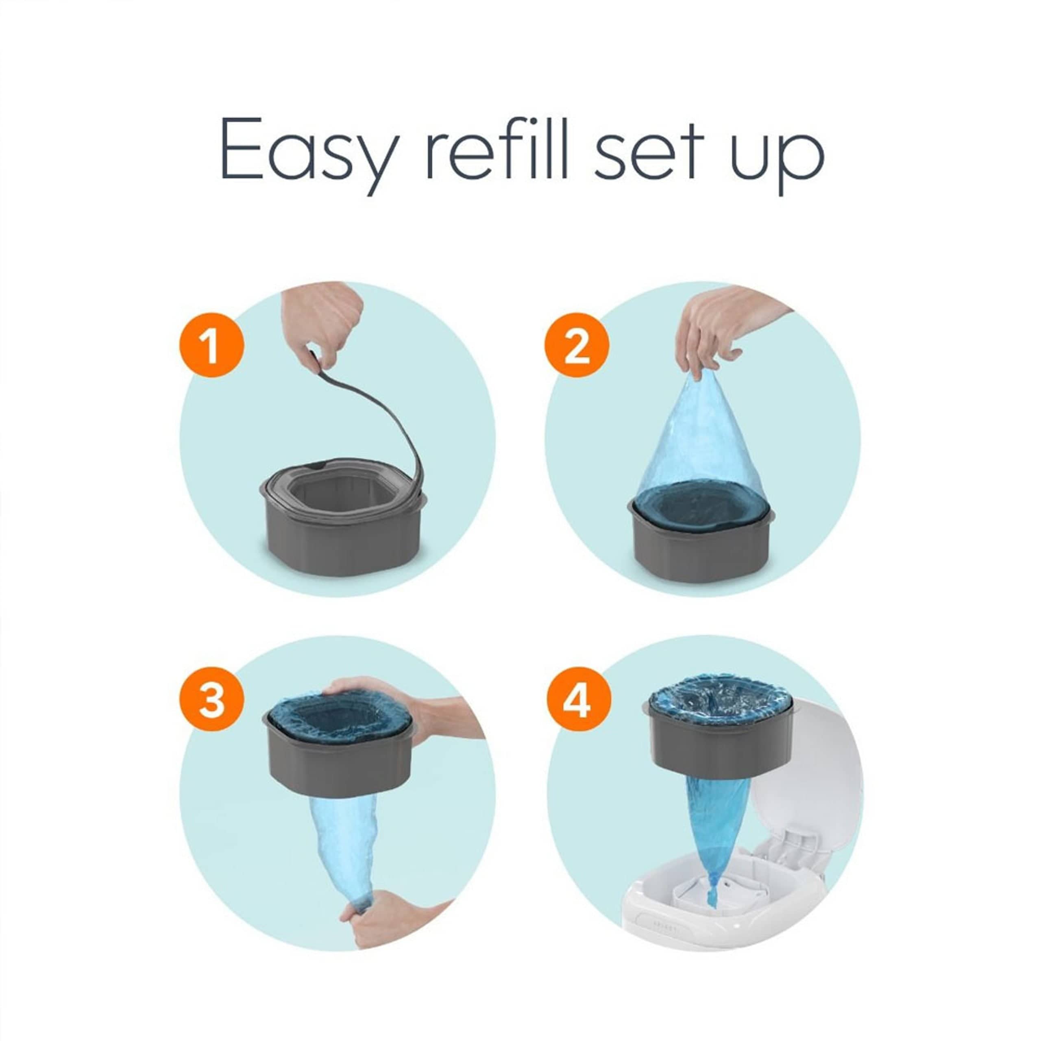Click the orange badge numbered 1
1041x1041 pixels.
click(x=212, y=345)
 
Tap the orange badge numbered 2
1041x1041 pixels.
click(x=577, y=345)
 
